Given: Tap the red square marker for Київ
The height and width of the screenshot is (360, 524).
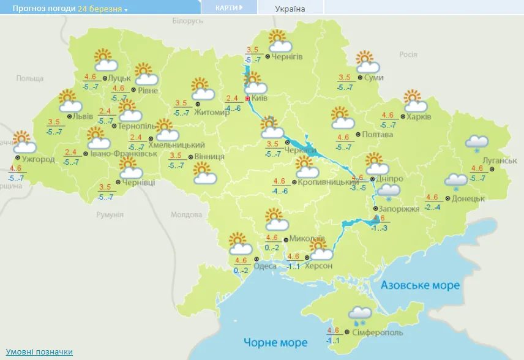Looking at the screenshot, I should tap(247, 98).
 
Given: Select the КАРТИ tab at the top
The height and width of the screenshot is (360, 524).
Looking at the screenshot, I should tap(228, 7).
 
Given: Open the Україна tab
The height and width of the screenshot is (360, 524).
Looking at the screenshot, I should tap(290, 9).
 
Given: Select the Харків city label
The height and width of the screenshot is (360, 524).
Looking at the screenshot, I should tap(419, 116).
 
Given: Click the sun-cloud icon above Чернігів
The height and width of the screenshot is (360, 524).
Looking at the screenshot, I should tap(279, 42).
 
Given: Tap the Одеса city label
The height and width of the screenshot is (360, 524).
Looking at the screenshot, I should tap(265, 266).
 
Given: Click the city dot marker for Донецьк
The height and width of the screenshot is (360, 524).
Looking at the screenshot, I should tap(447, 198).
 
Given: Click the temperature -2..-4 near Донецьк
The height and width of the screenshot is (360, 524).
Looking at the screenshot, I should tap(432, 208).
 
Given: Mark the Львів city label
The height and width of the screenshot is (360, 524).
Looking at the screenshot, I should tap(82, 116).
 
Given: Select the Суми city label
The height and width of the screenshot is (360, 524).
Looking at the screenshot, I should tap(373, 78).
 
